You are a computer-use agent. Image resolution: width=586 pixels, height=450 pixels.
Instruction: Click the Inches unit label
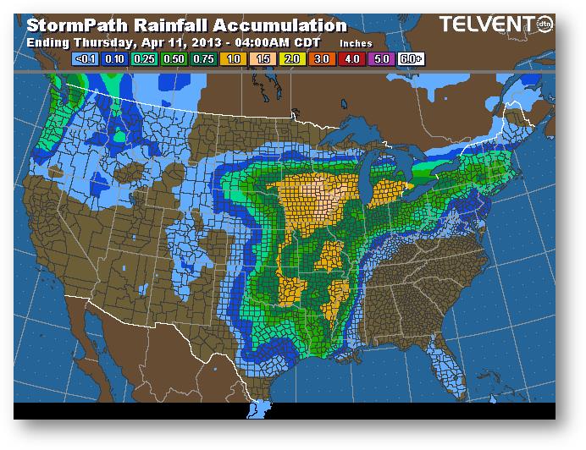(x=355, y=42)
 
